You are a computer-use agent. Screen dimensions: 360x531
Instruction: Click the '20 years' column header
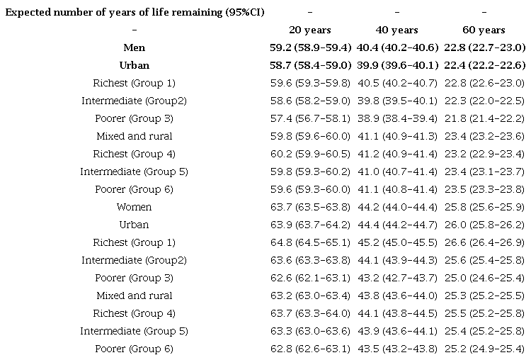coord(309,30)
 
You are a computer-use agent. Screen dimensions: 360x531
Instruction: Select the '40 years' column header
coord(396,30)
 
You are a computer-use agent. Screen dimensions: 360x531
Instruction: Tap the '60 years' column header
coord(484,30)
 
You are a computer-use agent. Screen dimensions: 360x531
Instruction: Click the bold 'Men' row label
coord(134,47)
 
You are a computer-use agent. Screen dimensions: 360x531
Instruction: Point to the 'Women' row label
coord(134,207)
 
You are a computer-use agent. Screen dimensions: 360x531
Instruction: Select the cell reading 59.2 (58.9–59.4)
coord(309,47)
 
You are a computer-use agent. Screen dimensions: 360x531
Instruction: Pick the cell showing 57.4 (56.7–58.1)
coord(309,118)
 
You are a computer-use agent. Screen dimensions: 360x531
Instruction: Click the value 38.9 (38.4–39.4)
coord(396,118)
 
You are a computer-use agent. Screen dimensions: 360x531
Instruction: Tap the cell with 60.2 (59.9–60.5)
coord(309,154)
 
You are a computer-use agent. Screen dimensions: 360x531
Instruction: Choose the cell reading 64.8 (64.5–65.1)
coord(309,242)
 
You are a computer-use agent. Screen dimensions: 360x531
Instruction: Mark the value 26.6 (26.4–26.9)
coord(484,242)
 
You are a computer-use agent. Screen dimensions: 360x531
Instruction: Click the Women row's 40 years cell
coord(396,207)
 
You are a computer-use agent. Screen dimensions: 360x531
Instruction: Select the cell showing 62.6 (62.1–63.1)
coord(309,278)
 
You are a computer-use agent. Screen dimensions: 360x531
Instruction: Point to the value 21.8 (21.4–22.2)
coord(484,118)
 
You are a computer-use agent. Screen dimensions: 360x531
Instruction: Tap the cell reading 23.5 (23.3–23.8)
coord(484,189)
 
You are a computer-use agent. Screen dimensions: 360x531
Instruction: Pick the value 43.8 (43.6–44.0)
coord(396,296)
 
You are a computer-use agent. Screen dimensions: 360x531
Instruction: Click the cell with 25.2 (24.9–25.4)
coord(484,349)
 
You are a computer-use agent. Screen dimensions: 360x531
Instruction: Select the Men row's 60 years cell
coord(484,47)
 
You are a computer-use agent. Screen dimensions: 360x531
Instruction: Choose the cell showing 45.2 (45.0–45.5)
coord(396,242)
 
